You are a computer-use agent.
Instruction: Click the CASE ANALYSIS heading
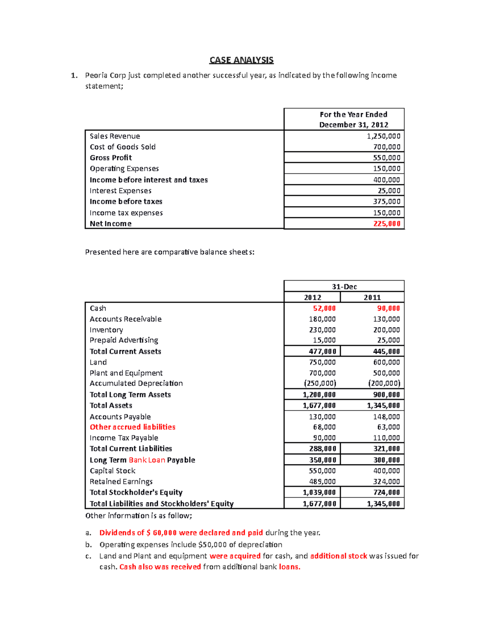pyautogui.click(x=241, y=60)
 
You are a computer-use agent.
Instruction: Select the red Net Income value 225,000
pyautogui.click(x=386, y=224)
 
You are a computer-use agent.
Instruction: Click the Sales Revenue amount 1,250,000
pyautogui.click(x=383, y=136)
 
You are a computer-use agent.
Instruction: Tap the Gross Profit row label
pyautogui.click(x=111, y=158)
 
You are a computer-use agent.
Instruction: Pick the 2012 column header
pyautogui.click(x=312, y=297)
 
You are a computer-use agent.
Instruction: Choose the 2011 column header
pyautogui.click(x=372, y=297)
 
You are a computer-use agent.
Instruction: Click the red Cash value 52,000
pyautogui.click(x=324, y=308)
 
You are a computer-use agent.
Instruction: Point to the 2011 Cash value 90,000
pyautogui.click(x=388, y=308)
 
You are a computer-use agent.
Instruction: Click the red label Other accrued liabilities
pyautogui.click(x=132, y=427)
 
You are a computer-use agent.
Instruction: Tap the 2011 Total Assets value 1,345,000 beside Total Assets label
pyautogui.click(x=383, y=406)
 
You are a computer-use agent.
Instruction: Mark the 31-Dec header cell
pyautogui.click(x=344, y=287)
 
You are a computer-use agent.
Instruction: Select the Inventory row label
pyautogui.click(x=106, y=330)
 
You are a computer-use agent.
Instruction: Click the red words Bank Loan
pyautogui.click(x=147, y=460)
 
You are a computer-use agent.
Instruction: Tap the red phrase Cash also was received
pyautogui.click(x=160, y=567)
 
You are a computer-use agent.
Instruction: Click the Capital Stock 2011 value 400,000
pyautogui.click(x=386, y=471)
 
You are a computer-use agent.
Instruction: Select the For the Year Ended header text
pyautogui.click(x=353, y=114)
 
